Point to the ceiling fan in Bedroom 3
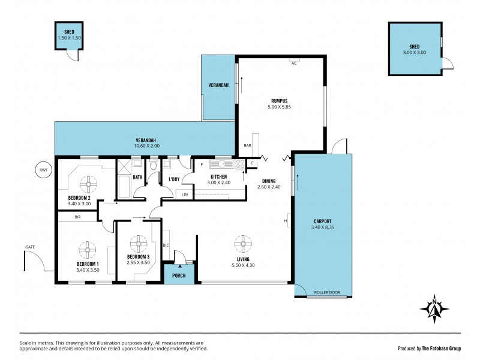pyautogui.click(x=139, y=243)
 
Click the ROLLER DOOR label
pyautogui.click(x=327, y=293)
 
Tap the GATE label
pyautogui.click(x=29, y=246)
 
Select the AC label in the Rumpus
pyautogui.click(x=294, y=64)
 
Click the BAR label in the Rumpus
pyautogui.click(x=247, y=145)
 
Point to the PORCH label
pyautogui.click(x=179, y=276)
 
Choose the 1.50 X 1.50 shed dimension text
pyautogui.click(x=69, y=38)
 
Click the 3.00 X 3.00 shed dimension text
pyautogui.click(x=414, y=53)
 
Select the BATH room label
pyautogui.click(x=137, y=177)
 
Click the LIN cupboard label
pyautogui.click(x=184, y=194)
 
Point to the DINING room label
pyautogui.click(x=268, y=180)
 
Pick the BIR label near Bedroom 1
pyautogui.click(x=78, y=217)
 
